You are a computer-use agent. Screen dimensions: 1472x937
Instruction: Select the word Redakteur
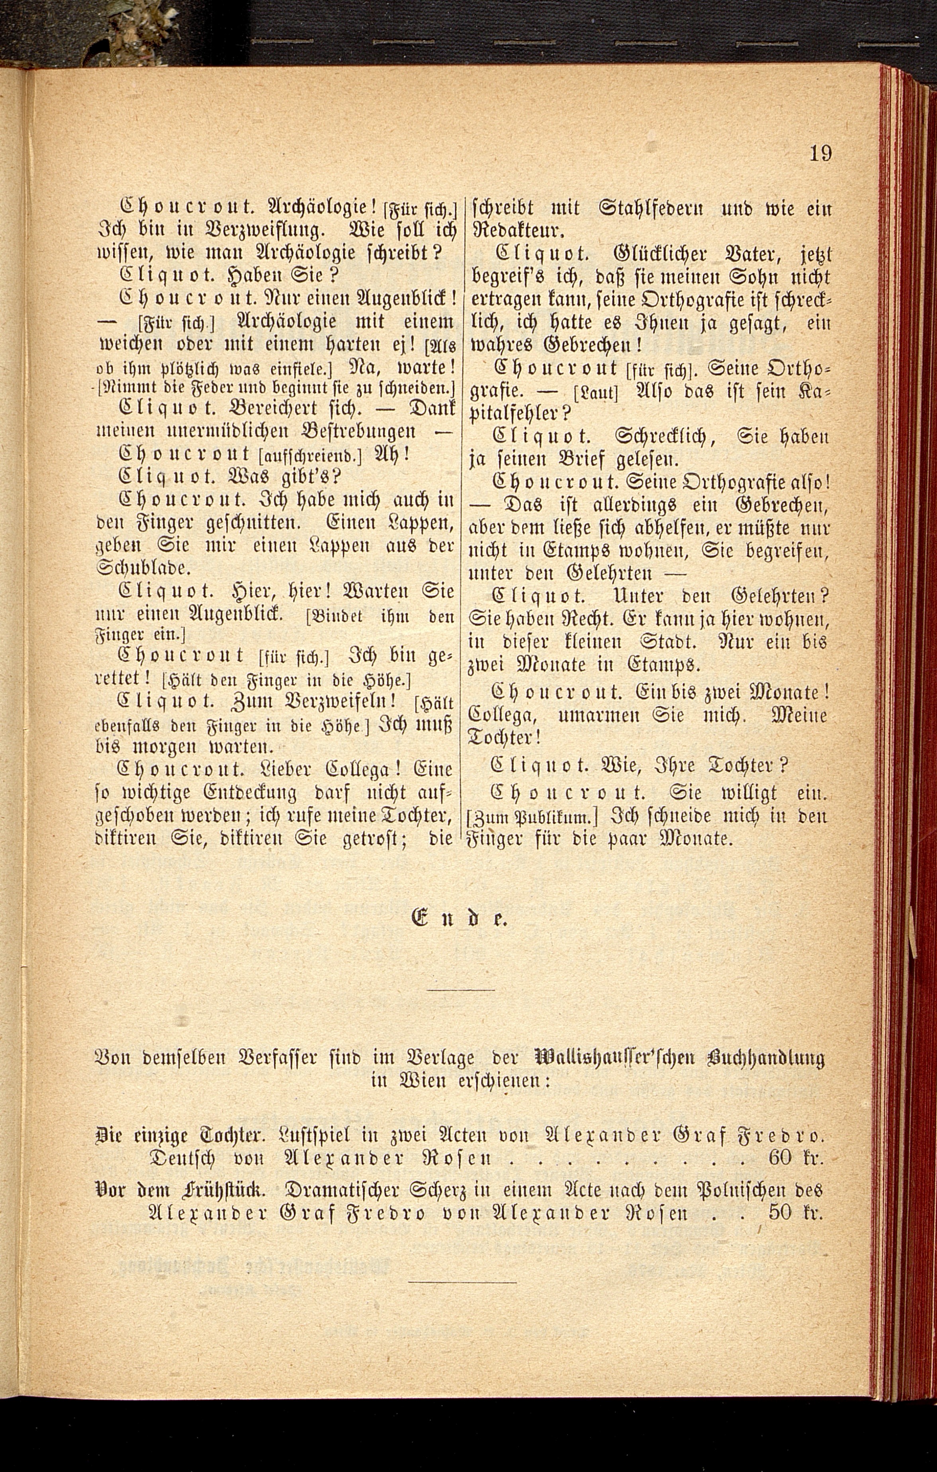coord(518,230)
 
